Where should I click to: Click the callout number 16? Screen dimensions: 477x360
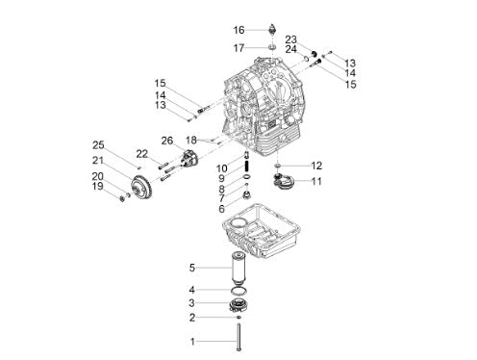[x=238, y=30]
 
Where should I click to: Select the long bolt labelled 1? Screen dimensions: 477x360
[x=238, y=337]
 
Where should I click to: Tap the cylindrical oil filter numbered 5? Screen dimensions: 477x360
[x=238, y=269]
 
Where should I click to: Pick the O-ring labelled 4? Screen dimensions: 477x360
[x=239, y=291]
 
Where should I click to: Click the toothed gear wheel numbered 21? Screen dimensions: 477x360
[x=141, y=188]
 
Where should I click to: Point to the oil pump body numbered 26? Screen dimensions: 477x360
[x=189, y=158]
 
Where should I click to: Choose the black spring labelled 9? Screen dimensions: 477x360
[x=247, y=167]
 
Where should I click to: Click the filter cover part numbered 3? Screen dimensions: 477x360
[x=239, y=305]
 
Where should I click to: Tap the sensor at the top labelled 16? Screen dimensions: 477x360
[x=272, y=29]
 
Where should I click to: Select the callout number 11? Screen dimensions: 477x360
[x=316, y=181]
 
